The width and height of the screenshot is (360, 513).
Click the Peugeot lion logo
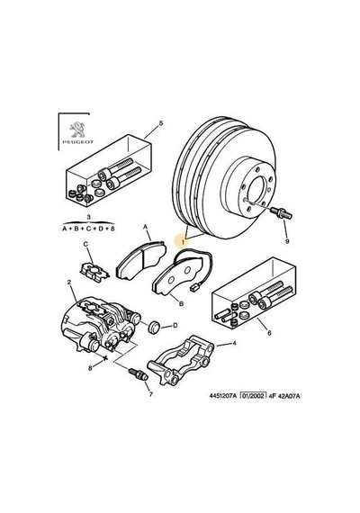click(x=78, y=130)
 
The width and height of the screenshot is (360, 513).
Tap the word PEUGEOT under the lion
click(x=78, y=142)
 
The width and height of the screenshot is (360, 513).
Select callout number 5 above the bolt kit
click(x=161, y=123)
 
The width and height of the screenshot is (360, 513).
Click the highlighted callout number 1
click(x=184, y=242)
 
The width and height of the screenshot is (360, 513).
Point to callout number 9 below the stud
click(x=287, y=241)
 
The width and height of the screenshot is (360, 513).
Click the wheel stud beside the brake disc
click(x=281, y=213)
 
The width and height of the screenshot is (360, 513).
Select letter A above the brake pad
click(x=146, y=227)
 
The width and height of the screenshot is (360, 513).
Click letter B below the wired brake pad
click(x=181, y=303)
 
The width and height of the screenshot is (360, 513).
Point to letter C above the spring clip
click(x=85, y=244)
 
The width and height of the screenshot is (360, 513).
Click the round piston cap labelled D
click(x=154, y=328)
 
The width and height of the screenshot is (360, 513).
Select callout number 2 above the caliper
click(x=69, y=282)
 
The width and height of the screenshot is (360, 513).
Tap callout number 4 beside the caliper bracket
click(x=234, y=343)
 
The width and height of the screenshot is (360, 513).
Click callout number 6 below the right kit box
click(x=269, y=333)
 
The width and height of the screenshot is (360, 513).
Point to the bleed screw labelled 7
click(x=139, y=374)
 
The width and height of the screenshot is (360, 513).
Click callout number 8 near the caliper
click(x=90, y=368)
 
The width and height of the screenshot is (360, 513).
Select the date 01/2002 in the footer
click(x=253, y=395)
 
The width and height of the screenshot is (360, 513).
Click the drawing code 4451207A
click(x=222, y=396)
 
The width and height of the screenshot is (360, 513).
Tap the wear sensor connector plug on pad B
click(x=193, y=287)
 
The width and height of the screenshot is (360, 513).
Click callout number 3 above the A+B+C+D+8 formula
click(x=89, y=217)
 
